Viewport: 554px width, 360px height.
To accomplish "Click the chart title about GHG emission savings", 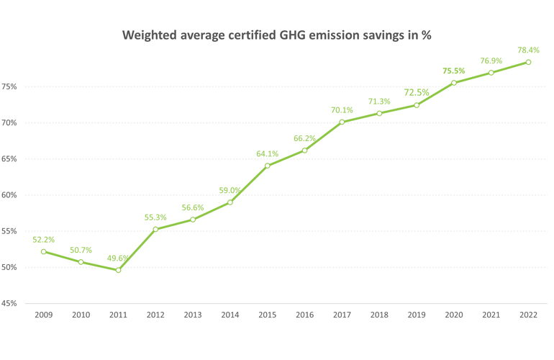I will (x=277, y=35).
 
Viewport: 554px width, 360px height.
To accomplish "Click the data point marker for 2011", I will (x=118, y=270).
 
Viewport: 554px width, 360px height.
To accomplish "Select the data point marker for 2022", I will (x=529, y=62).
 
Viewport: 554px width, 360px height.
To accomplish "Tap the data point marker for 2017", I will (x=342, y=122).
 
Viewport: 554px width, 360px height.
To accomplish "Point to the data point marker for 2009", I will (x=44, y=251).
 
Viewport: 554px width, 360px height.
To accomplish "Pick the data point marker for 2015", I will (x=268, y=166).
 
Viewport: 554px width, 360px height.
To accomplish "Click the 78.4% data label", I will (x=529, y=50).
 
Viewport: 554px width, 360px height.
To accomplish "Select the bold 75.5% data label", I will (x=453, y=71).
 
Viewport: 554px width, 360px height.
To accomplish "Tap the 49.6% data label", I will (x=119, y=258).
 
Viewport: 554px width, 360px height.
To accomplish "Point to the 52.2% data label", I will (x=44, y=239).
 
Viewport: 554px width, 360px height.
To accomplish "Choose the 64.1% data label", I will (x=268, y=153).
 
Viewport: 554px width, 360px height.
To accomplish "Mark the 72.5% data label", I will (x=417, y=92).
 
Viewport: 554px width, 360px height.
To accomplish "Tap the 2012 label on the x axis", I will (x=155, y=315).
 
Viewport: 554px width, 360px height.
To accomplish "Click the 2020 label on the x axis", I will (x=454, y=315).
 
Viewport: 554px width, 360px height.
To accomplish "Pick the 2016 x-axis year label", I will (x=305, y=315).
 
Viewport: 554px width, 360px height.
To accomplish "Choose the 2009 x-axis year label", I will (x=44, y=315).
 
